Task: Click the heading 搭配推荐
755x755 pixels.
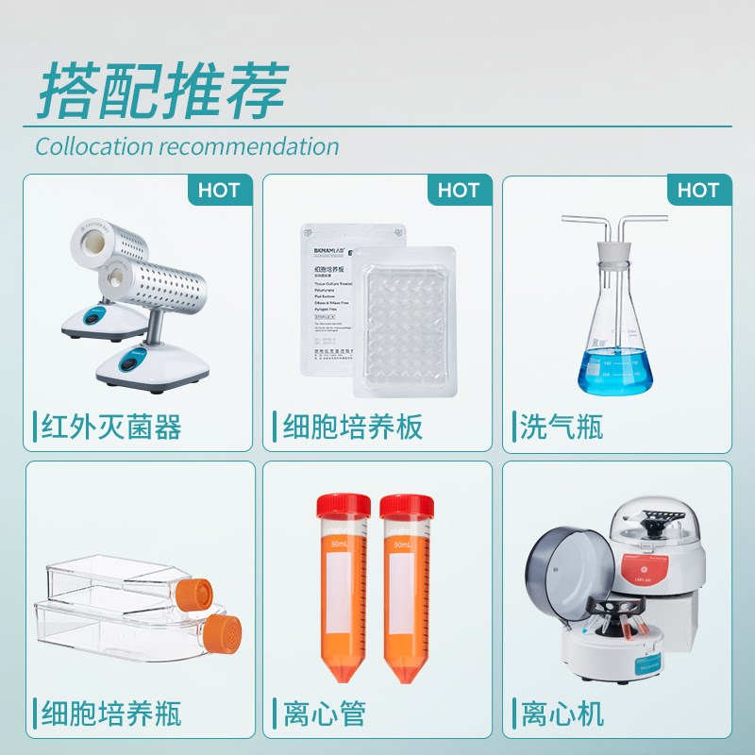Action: click(x=161, y=92)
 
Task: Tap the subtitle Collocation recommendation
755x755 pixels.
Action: click(x=187, y=146)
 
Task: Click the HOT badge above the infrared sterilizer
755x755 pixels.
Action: click(x=219, y=190)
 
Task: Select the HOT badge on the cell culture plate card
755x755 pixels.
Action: click(x=459, y=190)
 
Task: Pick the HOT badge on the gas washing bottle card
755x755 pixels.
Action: click(x=698, y=190)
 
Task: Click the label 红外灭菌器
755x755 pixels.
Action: click(x=110, y=428)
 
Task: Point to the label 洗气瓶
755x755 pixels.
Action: click(x=562, y=428)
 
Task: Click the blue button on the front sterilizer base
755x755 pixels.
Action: click(x=129, y=360)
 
